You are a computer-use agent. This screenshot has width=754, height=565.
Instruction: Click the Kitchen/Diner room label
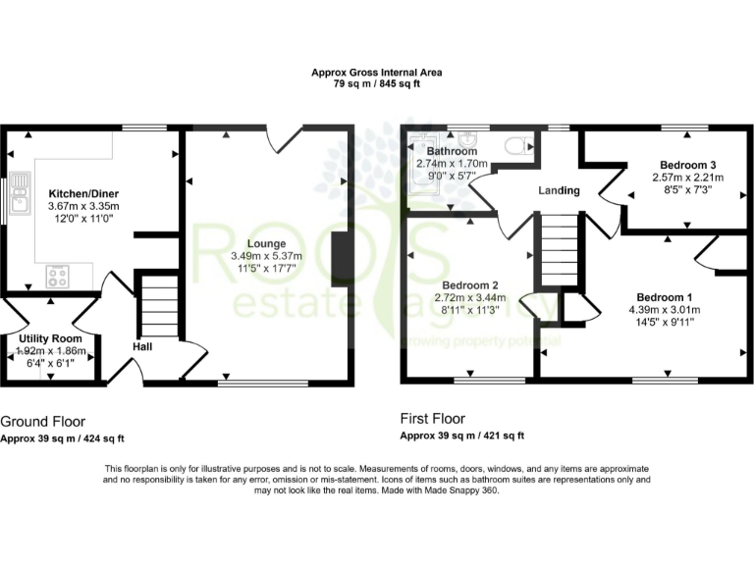(83, 194)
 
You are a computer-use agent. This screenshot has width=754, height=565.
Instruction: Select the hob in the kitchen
(58, 276)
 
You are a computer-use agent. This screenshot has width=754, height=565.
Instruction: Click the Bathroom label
(452, 152)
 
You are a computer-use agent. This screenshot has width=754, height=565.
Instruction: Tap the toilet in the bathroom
(514, 147)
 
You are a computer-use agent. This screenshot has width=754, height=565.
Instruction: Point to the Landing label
(558, 190)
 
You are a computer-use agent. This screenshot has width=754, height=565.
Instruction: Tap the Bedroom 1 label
(665, 297)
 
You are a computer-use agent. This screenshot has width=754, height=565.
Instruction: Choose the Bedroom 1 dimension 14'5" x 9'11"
(665, 322)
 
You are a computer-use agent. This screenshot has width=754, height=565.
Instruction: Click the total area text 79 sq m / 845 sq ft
(377, 85)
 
